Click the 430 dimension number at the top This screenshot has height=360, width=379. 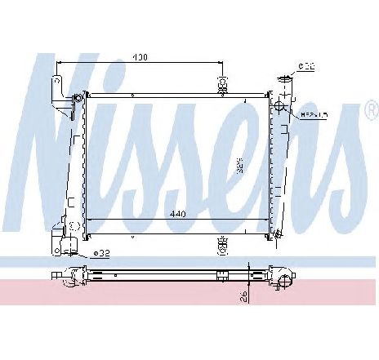point(140,57)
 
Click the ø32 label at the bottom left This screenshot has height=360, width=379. point(101,253)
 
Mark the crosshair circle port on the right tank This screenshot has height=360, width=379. point(280,105)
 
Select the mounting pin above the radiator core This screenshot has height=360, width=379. point(221,85)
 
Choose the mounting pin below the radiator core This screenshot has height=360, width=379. point(221,242)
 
